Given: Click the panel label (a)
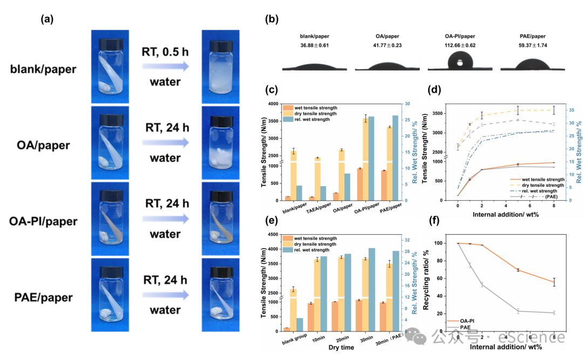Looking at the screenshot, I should click(x=46, y=20).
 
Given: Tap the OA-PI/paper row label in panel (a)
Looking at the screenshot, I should click(x=44, y=221).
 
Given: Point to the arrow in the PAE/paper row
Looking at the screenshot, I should click(x=165, y=295).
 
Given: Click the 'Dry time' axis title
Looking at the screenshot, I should click(x=341, y=348).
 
